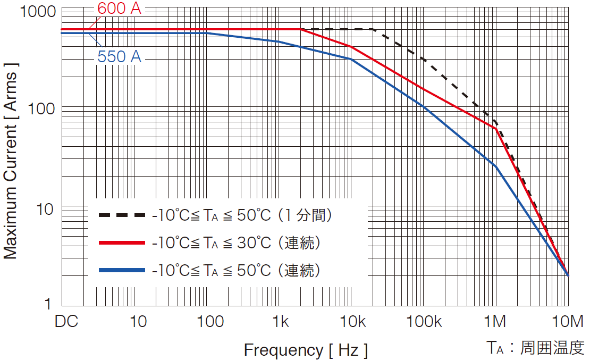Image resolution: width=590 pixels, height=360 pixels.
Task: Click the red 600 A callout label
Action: coord(120,9)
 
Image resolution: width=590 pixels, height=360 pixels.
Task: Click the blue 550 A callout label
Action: coord(120,56)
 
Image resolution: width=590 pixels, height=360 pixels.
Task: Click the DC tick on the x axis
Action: coord(66,322)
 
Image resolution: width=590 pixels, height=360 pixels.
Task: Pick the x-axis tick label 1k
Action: coord(280,322)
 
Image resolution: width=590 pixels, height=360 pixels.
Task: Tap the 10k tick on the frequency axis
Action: coord(351,322)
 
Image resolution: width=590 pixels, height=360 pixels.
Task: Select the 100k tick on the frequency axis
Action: coord(424,322)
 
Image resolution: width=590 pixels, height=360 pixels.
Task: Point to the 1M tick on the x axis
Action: coord(495,322)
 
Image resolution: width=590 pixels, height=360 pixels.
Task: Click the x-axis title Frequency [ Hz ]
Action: coord(306,350)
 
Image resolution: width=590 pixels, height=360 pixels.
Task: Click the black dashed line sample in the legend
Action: coord(122,215)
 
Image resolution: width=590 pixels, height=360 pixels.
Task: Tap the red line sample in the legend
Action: coord(122,243)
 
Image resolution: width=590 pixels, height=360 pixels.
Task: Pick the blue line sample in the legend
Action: coord(122,271)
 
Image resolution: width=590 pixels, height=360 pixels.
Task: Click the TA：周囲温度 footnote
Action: coord(535,348)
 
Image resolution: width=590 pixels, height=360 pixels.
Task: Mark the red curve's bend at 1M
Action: coord(496,128)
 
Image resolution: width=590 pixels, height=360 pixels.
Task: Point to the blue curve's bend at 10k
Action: coord(351,58)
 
